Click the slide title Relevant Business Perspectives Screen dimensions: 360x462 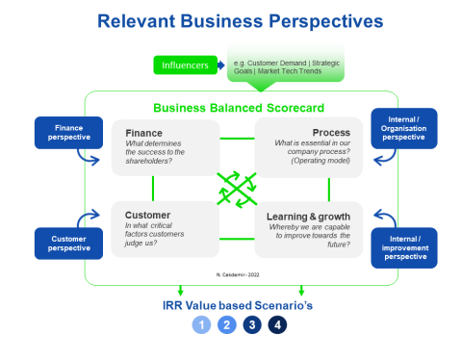[230, 19]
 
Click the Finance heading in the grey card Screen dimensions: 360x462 [144, 133]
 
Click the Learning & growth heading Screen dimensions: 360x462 [308, 216]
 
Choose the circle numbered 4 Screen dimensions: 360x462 [276, 324]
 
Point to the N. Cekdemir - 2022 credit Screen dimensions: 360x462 [237, 275]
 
